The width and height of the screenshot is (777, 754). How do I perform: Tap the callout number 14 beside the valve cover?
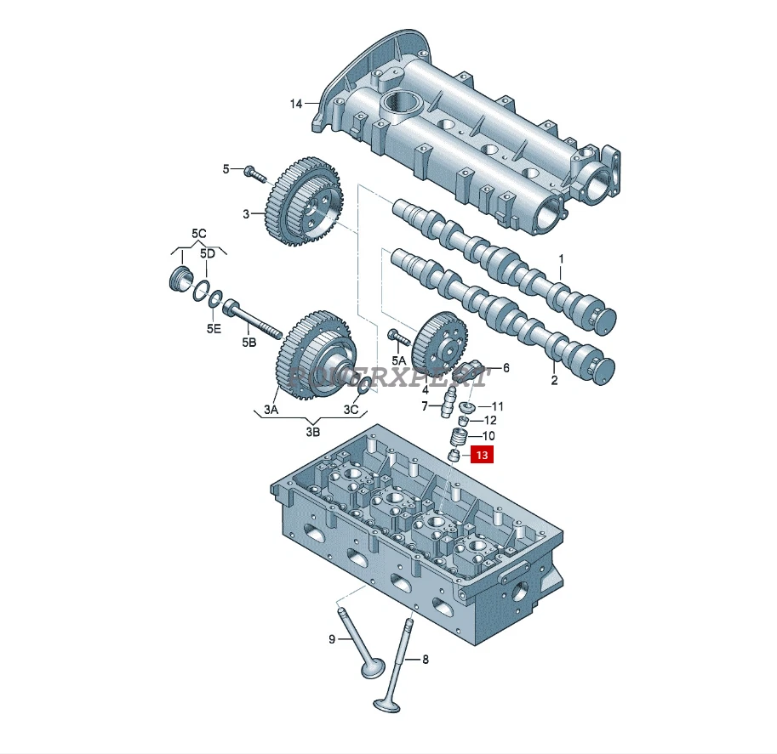pyautogui.click(x=295, y=105)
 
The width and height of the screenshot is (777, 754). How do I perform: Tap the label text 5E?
pyautogui.click(x=213, y=328)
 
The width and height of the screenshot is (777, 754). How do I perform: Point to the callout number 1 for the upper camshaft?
pyautogui.click(x=561, y=258)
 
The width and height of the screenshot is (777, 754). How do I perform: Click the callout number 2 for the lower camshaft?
pyautogui.click(x=554, y=380)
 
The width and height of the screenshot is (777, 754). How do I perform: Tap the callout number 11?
pyautogui.click(x=498, y=406)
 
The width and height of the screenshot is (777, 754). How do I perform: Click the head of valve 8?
pyautogui.click(x=386, y=706)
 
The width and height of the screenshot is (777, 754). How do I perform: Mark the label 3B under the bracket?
pyautogui.click(x=313, y=432)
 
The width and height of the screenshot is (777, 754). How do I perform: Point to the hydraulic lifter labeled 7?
pyautogui.click(x=443, y=408)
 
